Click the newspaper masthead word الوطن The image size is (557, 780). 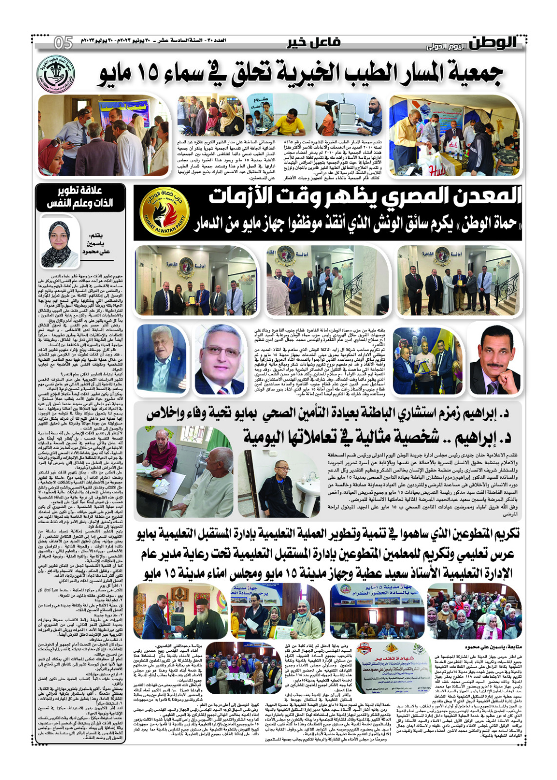[493, 43]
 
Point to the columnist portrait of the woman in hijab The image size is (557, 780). [59, 242]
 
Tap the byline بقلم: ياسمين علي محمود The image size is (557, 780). [97, 243]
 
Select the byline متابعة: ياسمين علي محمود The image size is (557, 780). [493, 647]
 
